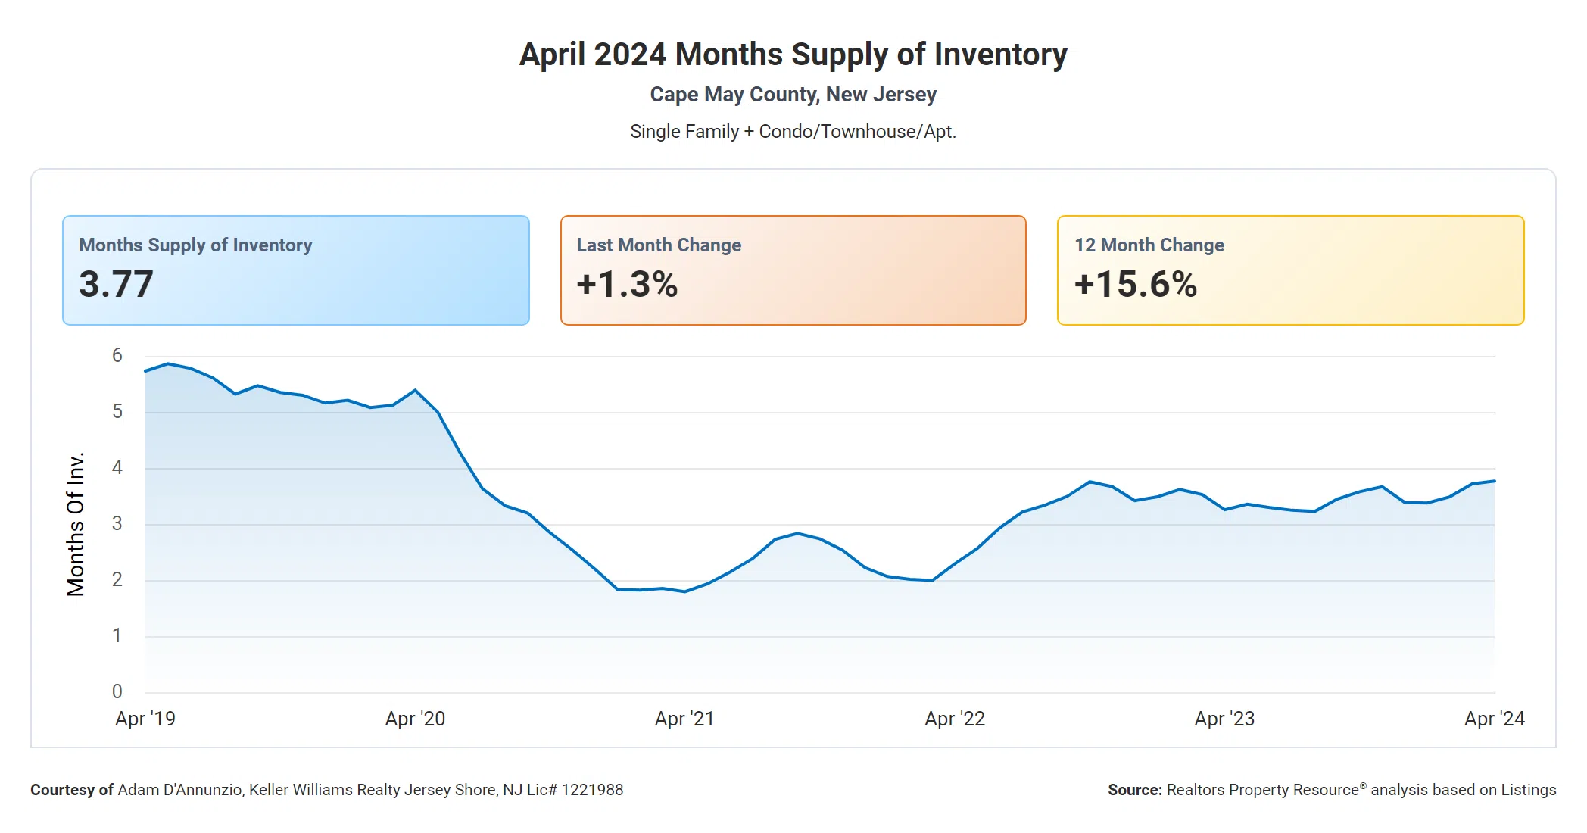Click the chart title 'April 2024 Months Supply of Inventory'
[x=793, y=55]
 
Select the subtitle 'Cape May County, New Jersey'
[x=793, y=95]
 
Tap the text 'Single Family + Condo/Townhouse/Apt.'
[x=793, y=132]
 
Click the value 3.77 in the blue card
[x=116, y=284]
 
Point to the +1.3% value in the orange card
[x=627, y=284]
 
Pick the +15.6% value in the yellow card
[x=1135, y=284]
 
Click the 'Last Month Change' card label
[x=659, y=245]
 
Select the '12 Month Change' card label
[x=1149, y=245]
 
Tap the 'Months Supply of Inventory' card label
[x=195, y=245]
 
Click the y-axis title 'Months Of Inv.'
[x=75, y=524]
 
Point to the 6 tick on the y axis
[x=117, y=355]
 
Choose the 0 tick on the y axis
[x=117, y=691]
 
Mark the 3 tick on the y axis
[x=117, y=523]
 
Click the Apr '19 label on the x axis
[x=145, y=719]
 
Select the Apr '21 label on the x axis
[x=684, y=719]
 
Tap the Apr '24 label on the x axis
[x=1494, y=719]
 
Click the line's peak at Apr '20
[x=415, y=391]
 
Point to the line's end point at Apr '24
[x=1494, y=481]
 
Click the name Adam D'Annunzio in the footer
[x=180, y=790]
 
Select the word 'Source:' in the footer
[x=1134, y=790]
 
